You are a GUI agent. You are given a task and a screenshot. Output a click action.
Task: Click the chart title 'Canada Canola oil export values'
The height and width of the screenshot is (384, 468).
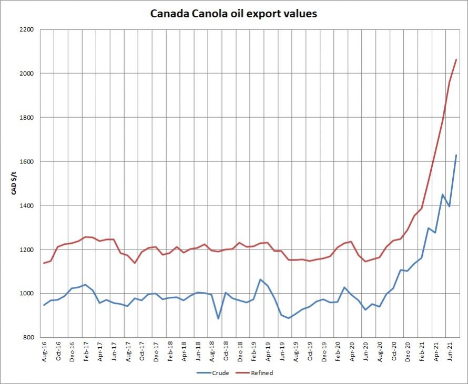pyautogui.click(x=233, y=14)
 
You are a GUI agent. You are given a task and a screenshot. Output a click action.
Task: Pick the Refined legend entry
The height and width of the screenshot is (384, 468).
pyautogui.click(x=258, y=373)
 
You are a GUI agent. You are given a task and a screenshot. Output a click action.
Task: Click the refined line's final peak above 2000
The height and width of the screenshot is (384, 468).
pyautogui.click(x=456, y=59)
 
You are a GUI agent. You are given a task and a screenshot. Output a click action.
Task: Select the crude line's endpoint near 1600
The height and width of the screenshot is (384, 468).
pyautogui.click(x=456, y=155)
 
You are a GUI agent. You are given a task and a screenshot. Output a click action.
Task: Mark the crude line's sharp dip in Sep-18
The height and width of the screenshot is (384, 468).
pyautogui.click(x=218, y=318)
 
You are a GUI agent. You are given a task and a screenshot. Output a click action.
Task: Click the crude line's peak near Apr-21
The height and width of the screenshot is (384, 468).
pyautogui.click(x=443, y=194)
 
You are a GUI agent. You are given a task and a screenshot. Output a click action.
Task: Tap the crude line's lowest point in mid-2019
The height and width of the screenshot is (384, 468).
pyautogui.click(x=288, y=318)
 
